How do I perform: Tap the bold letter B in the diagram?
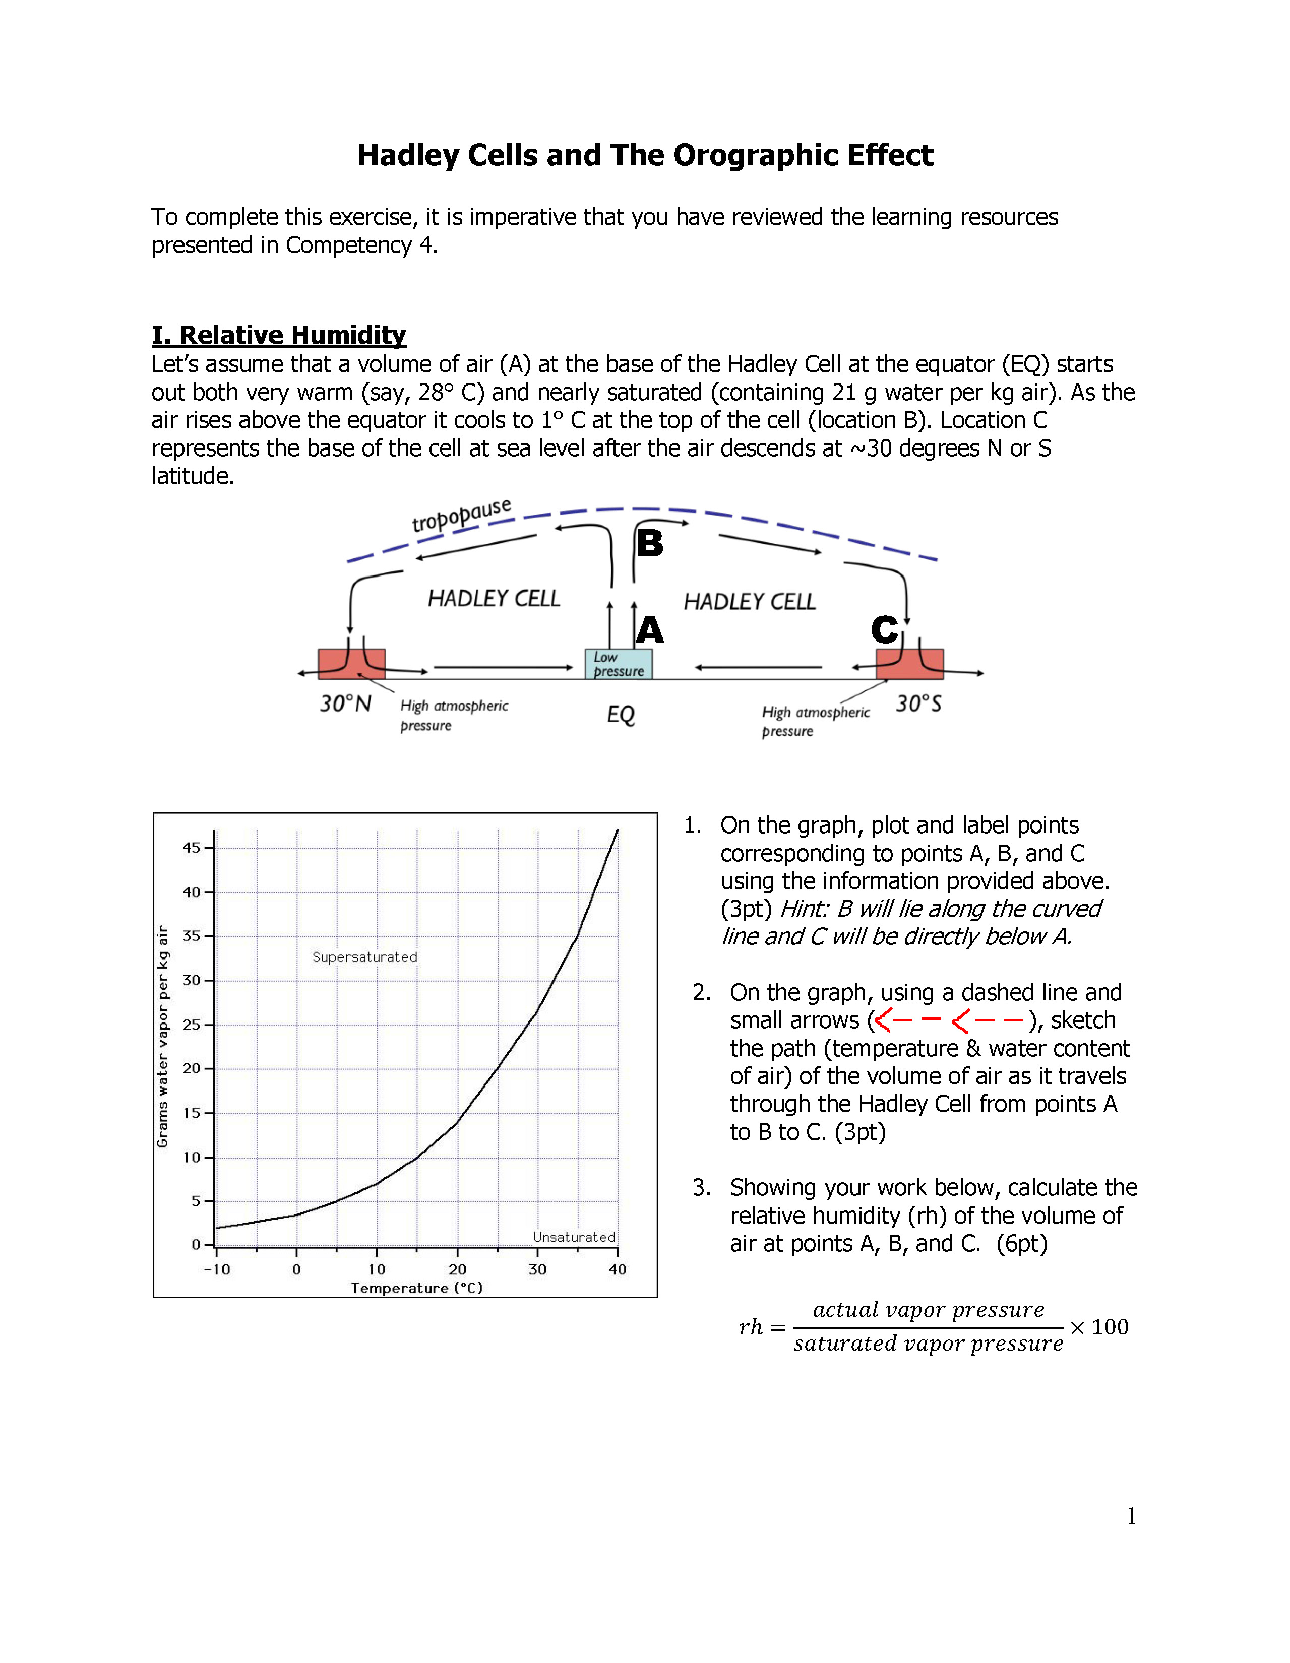pos(650,544)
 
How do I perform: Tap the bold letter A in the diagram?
pos(650,630)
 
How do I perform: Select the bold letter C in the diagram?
pos(885,630)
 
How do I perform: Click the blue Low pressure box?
pos(619,664)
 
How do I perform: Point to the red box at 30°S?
pos(909,663)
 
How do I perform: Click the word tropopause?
pos(461,516)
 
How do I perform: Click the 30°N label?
pos(345,703)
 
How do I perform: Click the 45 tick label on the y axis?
pos(191,848)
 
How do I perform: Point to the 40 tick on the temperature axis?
pos(617,1269)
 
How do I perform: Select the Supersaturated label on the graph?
pos(365,957)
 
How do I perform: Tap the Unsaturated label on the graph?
pos(574,1237)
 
